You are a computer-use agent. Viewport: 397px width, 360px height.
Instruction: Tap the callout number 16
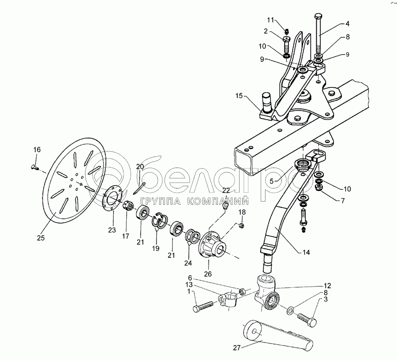pyautogui.click(x=37, y=150)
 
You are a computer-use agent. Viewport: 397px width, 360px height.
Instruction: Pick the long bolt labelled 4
pyautogui.click(x=319, y=35)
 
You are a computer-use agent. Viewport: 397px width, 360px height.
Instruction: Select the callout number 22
pyautogui.click(x=226, y=190)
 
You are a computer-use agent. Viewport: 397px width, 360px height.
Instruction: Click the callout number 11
pyautogui.click(x=270, y=20)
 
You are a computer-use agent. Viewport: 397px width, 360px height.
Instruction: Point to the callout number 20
pyautogui.click(x=140, y=166)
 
